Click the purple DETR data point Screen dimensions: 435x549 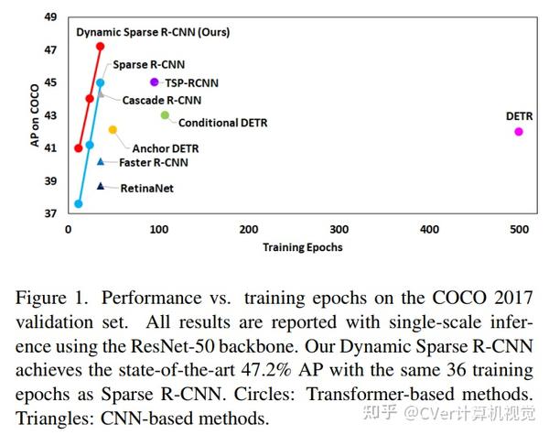519,132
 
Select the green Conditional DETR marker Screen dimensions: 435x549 165,115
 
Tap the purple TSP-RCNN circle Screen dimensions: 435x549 154,82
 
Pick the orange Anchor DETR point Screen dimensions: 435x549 113,130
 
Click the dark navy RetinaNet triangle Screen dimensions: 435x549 101,186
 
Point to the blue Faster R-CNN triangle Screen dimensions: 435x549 101,161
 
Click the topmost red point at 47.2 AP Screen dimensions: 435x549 100,47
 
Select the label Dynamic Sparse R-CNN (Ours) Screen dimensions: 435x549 153,32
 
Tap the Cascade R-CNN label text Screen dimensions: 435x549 162,100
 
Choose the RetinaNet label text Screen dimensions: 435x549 146,188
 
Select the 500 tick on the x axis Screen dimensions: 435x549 519,229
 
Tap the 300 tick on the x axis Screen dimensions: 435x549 339,229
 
